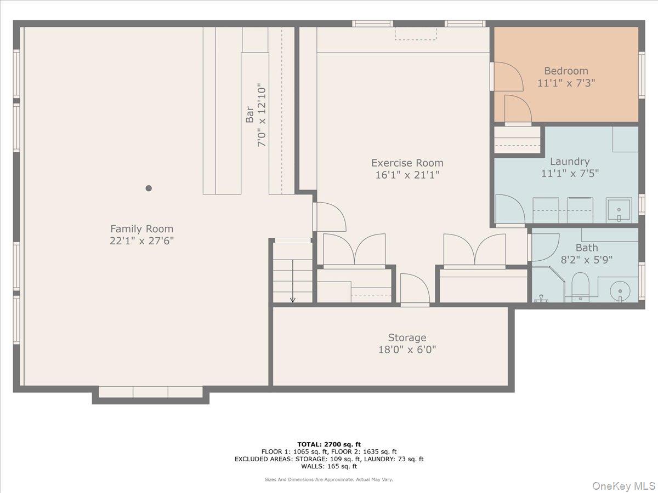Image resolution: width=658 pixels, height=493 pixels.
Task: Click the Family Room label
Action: click(141, 229)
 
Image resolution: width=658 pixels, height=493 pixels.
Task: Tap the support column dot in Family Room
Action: click(148, 188)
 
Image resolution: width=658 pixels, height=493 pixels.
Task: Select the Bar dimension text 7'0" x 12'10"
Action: click(262, 115)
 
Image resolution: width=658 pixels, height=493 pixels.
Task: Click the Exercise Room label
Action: click(407, 163)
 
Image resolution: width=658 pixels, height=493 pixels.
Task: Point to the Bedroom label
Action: click(566, 71)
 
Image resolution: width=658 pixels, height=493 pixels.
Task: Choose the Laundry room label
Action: click(570, 162)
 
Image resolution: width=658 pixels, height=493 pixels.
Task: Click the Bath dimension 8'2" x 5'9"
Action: click(586, 260)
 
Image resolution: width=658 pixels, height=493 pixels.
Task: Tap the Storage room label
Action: click(407, 337)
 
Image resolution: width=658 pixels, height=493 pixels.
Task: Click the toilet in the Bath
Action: click(580, 286)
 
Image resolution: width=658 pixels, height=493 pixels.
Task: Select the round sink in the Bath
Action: click(620, 289)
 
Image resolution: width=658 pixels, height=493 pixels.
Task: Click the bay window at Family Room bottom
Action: click(150, 392)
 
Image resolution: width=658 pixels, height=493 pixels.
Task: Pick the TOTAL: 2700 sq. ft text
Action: click(328, 444)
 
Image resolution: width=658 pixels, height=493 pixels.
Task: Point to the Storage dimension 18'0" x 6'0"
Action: click(407, 349)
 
